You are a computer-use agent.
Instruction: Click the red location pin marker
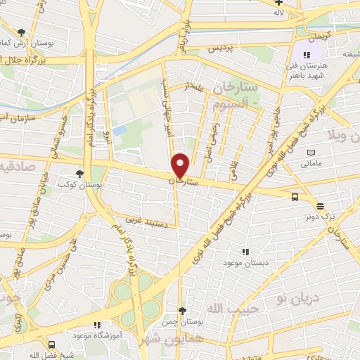pos(181,165)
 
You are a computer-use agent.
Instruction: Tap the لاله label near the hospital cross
pos(279,13)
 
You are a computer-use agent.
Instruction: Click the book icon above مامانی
pos(311,153)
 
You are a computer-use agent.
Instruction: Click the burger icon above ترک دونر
pos(321,206)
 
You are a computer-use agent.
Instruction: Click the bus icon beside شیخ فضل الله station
pos(52,345)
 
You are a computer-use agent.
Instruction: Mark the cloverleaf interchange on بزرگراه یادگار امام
pos(134,296)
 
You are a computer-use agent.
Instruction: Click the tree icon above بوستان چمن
pos(183,309)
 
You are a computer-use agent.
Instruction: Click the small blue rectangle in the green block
pos(120,131)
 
